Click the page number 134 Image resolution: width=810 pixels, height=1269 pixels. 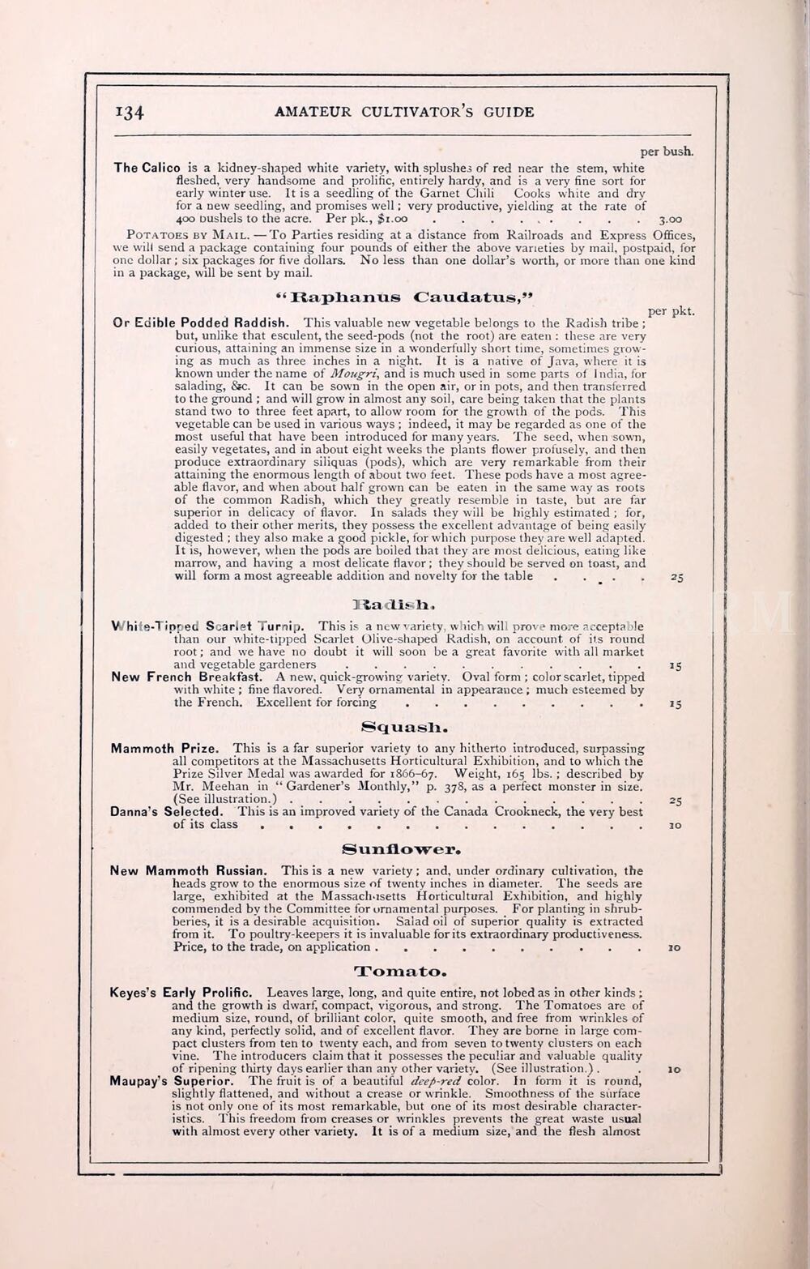(130, 113)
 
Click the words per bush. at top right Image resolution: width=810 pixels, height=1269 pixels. (667, 152)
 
